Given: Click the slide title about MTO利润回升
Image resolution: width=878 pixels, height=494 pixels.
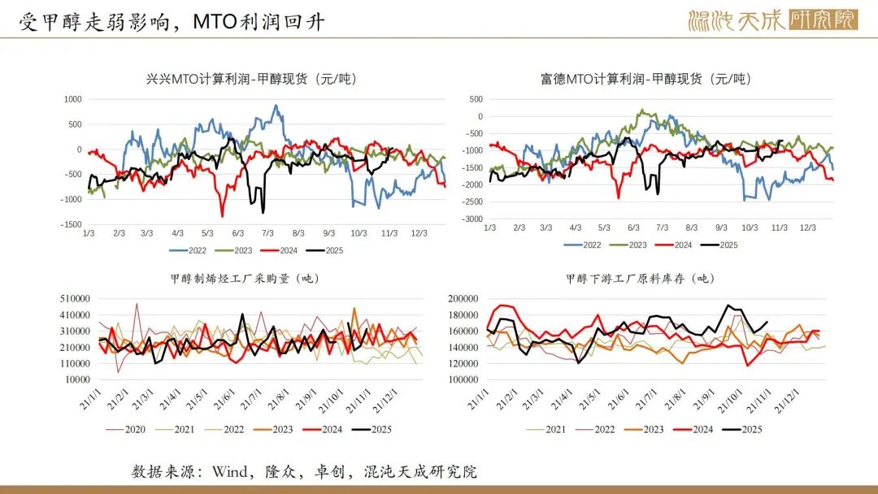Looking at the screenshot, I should pyautogui.click(x=172, y=22).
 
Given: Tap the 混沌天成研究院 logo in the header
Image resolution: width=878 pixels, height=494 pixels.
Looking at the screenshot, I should pyautogui.click(x=772, y=20).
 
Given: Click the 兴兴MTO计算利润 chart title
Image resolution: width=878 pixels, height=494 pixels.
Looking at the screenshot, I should pyautogui.click(x=251, y=79).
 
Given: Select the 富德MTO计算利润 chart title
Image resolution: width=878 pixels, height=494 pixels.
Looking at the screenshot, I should pyautogui.click(x=645, y=79).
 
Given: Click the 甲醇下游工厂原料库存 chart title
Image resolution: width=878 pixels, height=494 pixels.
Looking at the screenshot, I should pyautogui.click(x=640, y=278).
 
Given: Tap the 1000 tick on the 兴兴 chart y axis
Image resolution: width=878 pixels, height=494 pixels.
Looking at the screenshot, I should pyautogui.click(x=73, y=99).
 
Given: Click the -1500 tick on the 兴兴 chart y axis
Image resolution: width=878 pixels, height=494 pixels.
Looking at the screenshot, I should pyautogui.click(x=71, y=224).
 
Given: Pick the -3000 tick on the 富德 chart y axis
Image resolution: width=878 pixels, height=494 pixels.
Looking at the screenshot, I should pyautogui.click(x=472, y=219).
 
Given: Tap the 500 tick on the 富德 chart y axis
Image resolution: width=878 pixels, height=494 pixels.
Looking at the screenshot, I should pyautogui.click(x=476, y=99).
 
